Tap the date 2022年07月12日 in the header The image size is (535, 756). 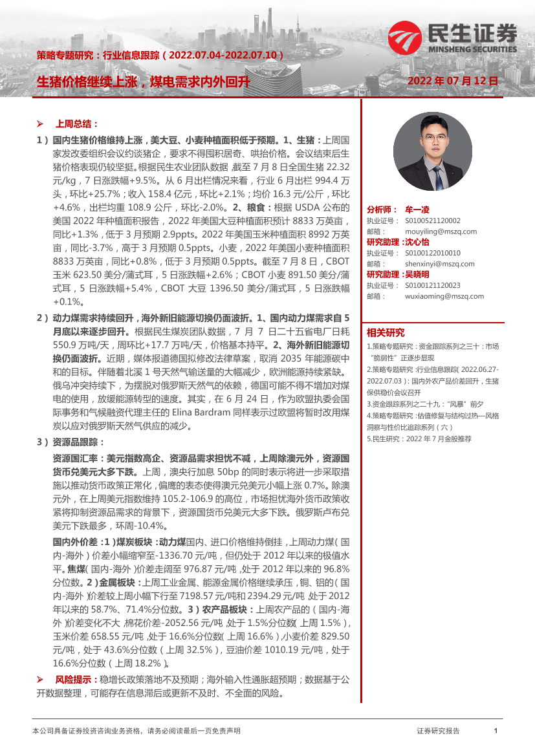click(453, 81)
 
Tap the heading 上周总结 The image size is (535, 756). click(77, 124)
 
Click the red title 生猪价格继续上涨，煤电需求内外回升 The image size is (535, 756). click(142, 81)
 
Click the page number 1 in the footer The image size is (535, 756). click(495, 731)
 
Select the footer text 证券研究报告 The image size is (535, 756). click(438, 731)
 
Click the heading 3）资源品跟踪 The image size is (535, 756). click(71, 442)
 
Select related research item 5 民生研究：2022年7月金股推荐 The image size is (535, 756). click(419, 438)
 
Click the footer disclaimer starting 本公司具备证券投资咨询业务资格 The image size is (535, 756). click(136, 731)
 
